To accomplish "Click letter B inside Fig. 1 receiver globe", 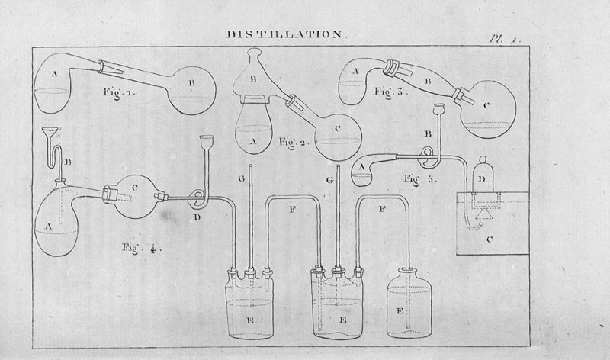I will pyautogui.click(x=191, y=79).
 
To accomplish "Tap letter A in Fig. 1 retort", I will pyautogui.click(x=54, y=74).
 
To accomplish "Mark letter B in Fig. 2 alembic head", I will pyautogui.click(x=255, y=78).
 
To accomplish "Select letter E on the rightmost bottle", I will pyautogui.click(x=400, y=312).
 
